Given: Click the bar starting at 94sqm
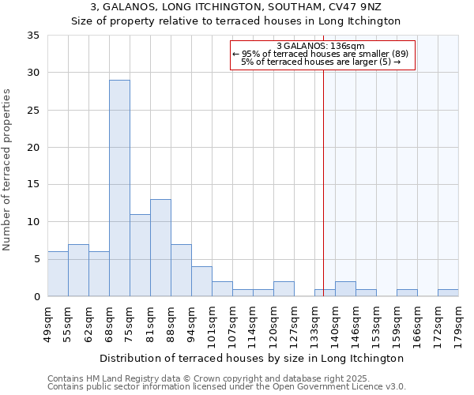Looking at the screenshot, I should [201, 281].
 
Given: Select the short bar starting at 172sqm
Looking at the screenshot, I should [448, 293].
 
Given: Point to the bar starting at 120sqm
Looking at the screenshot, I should [284, 289].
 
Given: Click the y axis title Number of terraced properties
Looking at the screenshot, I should [8, 169].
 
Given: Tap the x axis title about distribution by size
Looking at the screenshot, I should [253, 358].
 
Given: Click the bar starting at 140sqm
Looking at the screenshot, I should [345, 289].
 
